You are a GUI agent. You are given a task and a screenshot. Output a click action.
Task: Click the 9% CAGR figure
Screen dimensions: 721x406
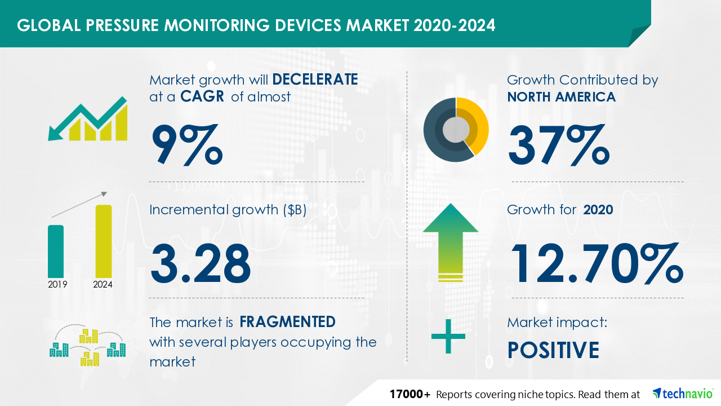[x=187, y=145]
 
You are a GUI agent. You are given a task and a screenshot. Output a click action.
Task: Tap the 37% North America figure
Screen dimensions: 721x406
[x=559, y=145]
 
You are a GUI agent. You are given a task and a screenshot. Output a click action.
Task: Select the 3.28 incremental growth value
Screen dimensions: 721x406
[x=200, y=263]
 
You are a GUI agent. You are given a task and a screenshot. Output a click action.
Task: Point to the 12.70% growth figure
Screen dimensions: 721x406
[x=597, y=263]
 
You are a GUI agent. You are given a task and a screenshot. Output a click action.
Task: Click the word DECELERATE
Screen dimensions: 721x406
[x=315, y=80]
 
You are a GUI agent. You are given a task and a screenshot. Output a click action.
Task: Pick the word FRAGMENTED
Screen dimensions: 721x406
[x=287, y=321]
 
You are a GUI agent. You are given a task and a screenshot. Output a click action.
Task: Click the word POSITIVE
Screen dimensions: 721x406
[x=553, y=350]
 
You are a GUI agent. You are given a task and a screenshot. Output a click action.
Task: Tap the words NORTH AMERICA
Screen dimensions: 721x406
[x=562, y=96]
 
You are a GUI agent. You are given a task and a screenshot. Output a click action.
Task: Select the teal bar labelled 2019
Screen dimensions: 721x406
[x=56, y=251]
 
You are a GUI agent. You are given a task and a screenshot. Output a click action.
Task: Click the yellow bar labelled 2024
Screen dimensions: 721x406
[x=104, y=241]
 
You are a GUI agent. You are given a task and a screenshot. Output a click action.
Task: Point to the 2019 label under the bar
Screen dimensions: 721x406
[x=57, y=284]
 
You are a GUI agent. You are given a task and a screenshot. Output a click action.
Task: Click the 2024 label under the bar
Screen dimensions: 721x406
[x=103, y=284]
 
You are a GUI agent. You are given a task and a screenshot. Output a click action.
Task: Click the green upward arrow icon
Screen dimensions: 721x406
[x=451, y=242]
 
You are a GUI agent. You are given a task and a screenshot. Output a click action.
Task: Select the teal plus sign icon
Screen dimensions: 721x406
[x=448, y=337]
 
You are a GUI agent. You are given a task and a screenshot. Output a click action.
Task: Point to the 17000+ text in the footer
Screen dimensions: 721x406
[x=410, y=394]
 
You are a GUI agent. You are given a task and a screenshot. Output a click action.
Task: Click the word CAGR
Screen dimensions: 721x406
[x=202, y=96]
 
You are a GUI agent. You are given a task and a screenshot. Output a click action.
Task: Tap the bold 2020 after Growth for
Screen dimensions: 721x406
[x=598, y=210]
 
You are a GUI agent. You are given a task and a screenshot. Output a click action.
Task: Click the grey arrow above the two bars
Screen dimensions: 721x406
[x=79, y=205]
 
